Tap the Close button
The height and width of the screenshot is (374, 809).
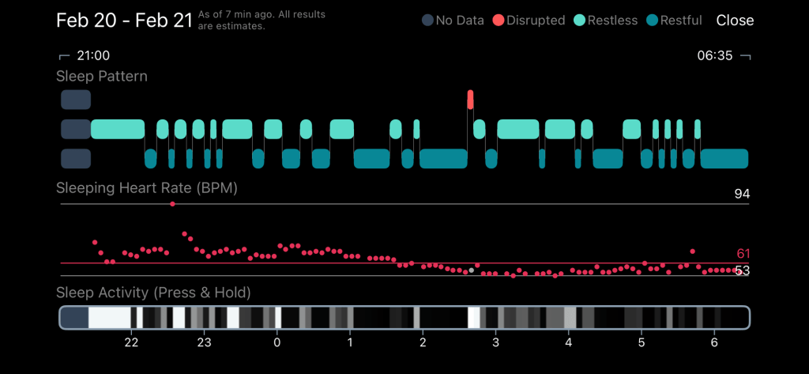click(x=735, y=21)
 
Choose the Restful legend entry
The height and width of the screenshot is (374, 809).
click(x=675, y=21)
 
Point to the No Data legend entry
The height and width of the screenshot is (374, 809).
click(x=452, y=21)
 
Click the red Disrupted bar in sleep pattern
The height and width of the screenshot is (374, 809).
click(x=471, y=100)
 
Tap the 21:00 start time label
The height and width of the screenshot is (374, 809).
click(x=92, y=56)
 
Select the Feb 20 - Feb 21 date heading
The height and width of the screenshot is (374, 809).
click(x=124, y=21)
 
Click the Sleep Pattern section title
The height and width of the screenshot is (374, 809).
click(x=101, y=77)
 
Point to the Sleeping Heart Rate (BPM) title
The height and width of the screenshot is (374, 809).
click(x=146, y=189)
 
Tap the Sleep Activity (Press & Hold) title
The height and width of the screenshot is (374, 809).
click(x=153, y=293)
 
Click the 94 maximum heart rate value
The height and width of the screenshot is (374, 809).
click(x=741, y=195)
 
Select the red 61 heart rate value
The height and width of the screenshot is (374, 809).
click(x=743, y=254)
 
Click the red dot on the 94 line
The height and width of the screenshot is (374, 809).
click(x=172, y=204)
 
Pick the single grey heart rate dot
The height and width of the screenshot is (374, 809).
click(x=472, y=270)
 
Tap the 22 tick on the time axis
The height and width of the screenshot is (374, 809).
click(x=131, y=342)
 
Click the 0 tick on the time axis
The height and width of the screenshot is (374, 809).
click(x=277, y=342)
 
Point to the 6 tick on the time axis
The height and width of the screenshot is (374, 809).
click(x=715, y=342)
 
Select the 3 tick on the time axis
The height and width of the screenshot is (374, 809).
click(x=495, y=342)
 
